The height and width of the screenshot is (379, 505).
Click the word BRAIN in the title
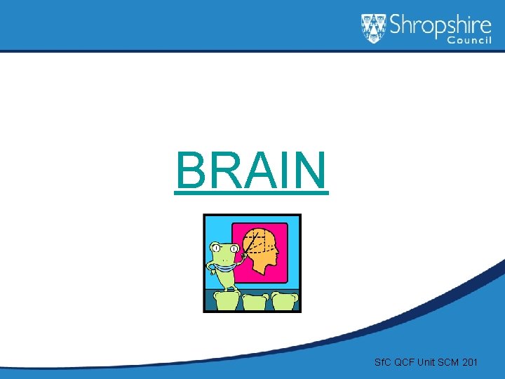252,171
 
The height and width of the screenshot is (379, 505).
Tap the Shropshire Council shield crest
374,28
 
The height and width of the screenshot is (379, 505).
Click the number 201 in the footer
470,362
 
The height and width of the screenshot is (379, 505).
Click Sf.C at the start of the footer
383,362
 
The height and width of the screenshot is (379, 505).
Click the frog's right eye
234,248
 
